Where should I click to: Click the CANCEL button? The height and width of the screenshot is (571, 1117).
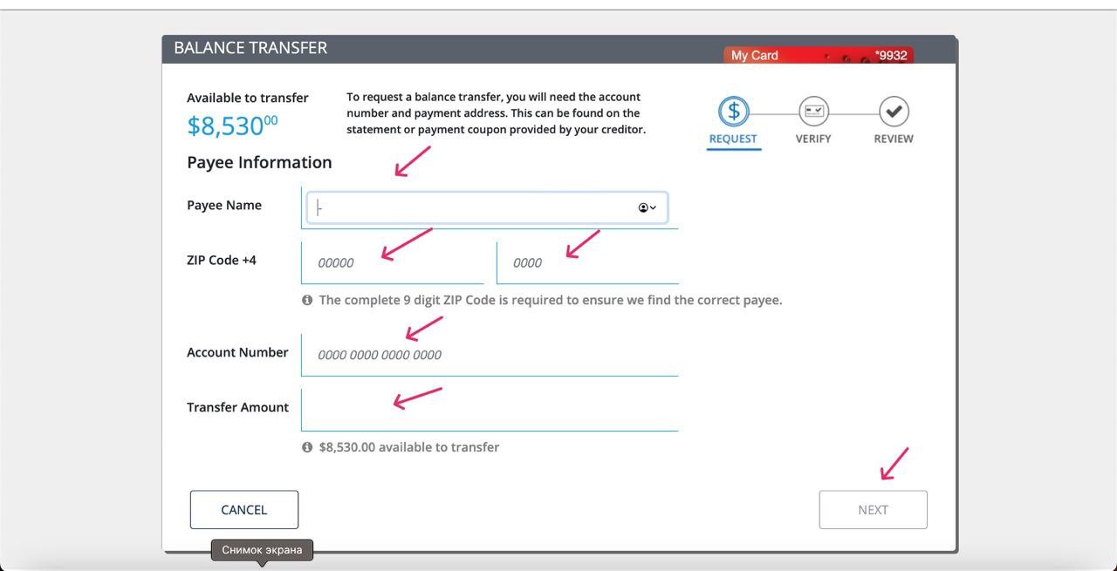click(243, 509)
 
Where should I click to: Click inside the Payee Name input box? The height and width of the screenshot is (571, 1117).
click(487, 207)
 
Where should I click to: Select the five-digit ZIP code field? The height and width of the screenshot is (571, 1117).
click(393, 262)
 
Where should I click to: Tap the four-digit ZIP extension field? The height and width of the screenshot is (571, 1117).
click(587, 262)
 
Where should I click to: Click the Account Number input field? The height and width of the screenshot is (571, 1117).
click(490, 355)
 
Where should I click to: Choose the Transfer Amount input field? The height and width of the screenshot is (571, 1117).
click(490, 410)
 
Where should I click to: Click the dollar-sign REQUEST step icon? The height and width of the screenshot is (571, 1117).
click(734, 111)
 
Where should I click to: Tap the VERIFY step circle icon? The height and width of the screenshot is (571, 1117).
click(813, 111)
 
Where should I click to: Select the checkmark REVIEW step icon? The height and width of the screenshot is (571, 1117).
click(894, 111)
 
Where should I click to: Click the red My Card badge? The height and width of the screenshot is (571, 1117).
click(819, 55)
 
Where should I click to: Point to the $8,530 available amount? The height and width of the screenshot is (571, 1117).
click(232, 126)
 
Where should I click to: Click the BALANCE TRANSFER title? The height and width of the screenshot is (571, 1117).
click(250, 48)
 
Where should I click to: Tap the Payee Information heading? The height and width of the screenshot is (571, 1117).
click(259, 162)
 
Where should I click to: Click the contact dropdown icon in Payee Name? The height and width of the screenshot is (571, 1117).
click(647, 207)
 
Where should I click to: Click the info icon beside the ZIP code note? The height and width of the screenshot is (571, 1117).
click(307, 300)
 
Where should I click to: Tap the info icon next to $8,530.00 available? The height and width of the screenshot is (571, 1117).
click(307, 447)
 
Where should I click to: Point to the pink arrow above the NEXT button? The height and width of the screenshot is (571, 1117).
click(894, 464)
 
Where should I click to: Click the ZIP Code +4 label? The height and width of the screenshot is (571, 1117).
click(222, 260)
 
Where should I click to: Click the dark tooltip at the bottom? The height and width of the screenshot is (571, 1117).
click(263, 550)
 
